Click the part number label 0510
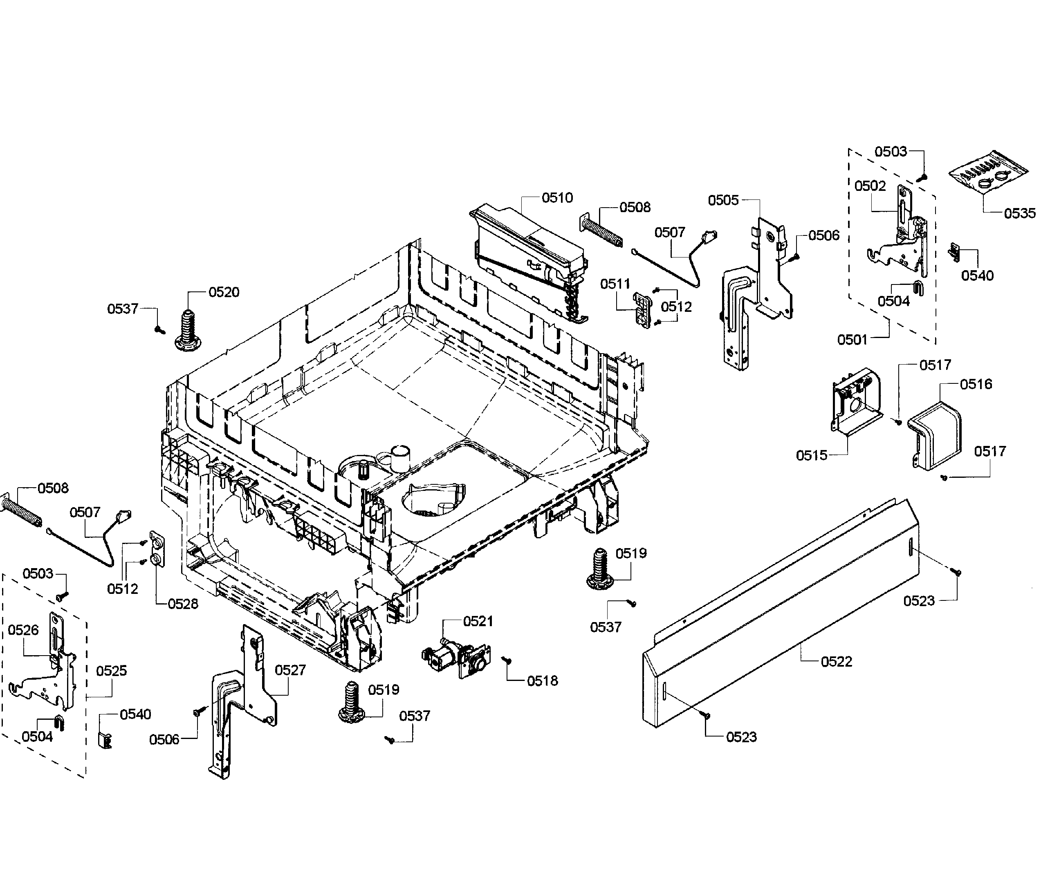click(x=557, y=198)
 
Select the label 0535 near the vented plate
click(x=1019, y=213)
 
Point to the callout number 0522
click(x=836, y=661)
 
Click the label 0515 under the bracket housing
click(x=812, y=455)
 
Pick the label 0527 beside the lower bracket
click(x=290, y=670)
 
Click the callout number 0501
click(x=852, y=340)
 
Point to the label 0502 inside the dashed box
click(x=870, y=186)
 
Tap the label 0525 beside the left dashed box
click(x=111, y=670)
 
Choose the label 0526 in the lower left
click(x=23, y=630)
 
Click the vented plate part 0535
click(x=989, y=176)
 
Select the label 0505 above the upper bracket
click(x=723, y=200)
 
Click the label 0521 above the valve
click(x=478, y=621)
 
